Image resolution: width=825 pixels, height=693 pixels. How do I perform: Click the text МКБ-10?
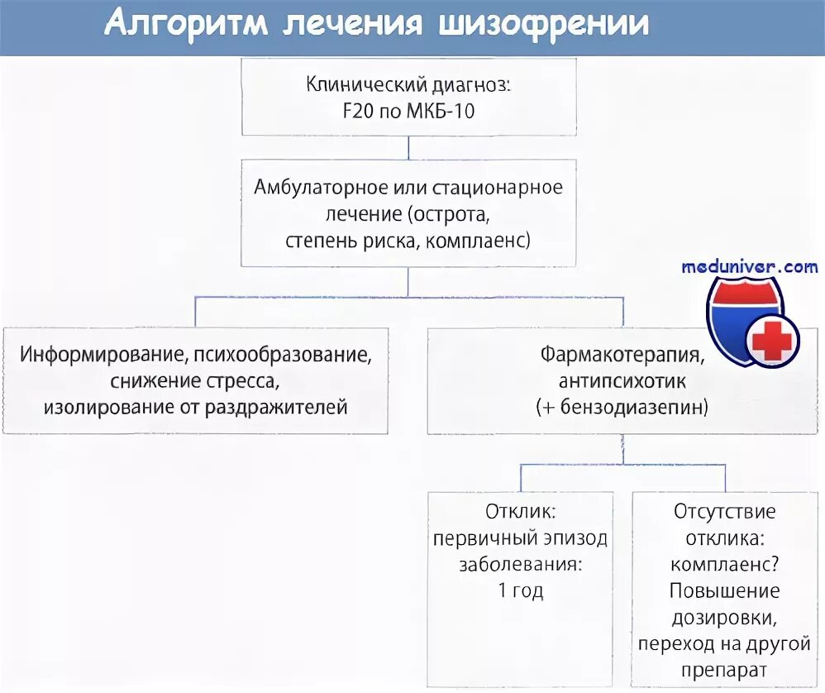(x=441, y=110)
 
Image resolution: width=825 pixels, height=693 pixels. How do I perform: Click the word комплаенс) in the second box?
(x=483, y=240)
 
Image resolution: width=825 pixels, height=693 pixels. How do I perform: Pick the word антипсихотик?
(x=623, y=381)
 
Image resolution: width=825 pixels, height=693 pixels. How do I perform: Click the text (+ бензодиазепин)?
(x=623, y=407)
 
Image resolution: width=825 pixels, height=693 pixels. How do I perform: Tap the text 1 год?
(x=521, y=590)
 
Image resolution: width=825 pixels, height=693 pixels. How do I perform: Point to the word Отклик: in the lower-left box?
(x=521, y=511)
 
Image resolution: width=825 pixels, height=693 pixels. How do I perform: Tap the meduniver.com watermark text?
(x=750, y=266)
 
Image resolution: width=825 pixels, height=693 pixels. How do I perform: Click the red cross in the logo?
(x=772, y=342)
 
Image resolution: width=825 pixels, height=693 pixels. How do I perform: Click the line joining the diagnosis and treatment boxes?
(x=410, y=147)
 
